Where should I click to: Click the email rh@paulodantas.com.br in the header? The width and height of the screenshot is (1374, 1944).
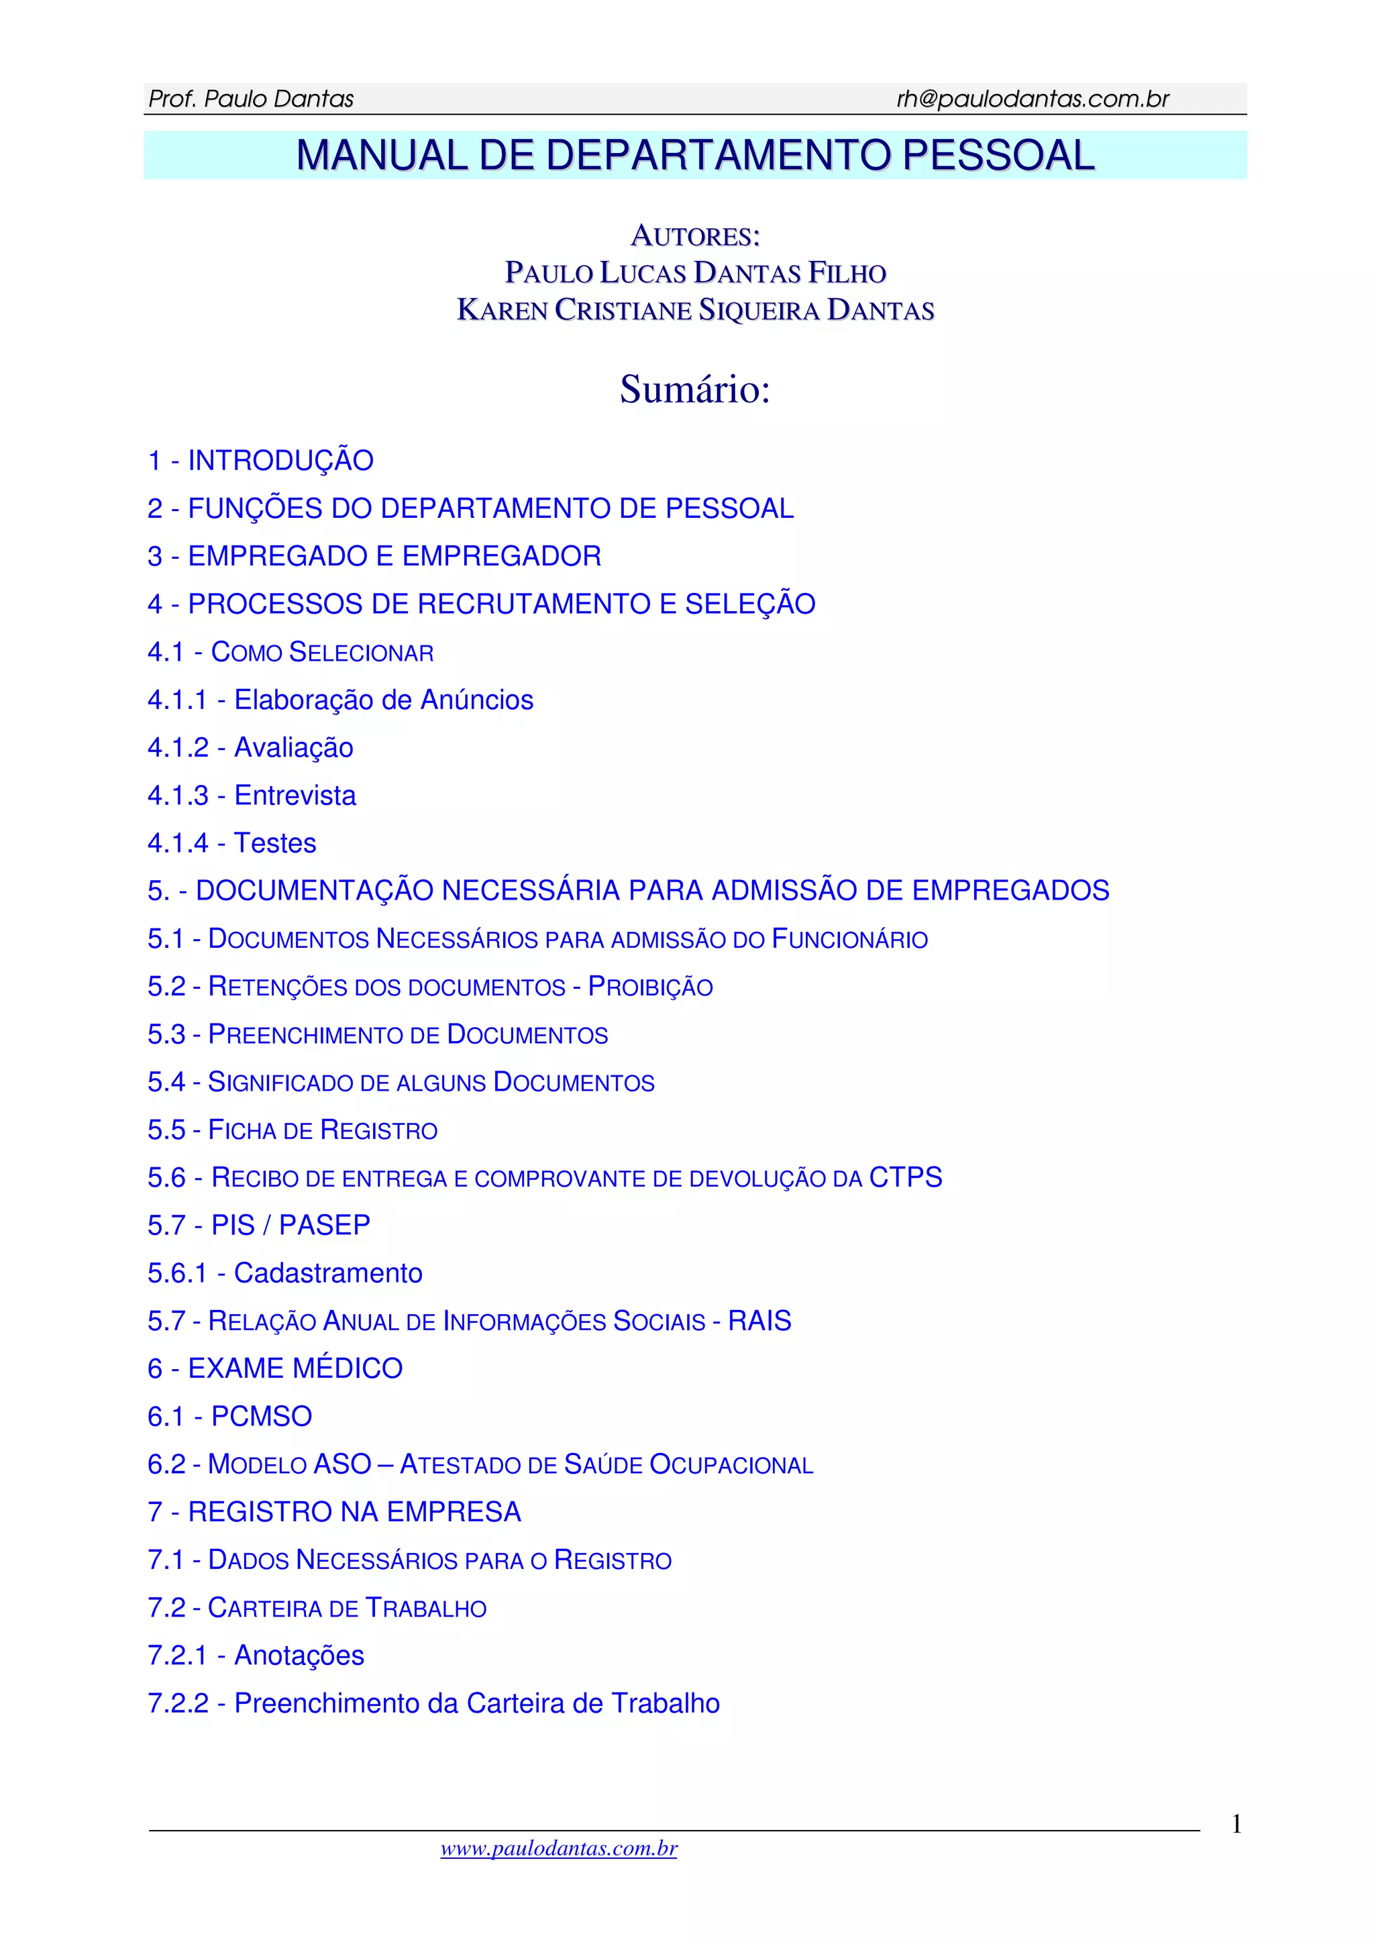click(1032, 99)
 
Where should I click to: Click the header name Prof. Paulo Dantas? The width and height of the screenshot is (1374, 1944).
click(251, 99)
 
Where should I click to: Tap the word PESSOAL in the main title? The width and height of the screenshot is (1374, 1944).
click(998, 155)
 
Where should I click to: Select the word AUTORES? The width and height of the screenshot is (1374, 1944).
click(695, 236)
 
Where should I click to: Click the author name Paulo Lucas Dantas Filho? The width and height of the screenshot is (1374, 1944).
click(695, 272)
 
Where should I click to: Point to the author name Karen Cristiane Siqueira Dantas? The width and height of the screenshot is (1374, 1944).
click(695, 310)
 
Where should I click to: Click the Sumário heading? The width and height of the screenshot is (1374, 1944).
click(695, 390)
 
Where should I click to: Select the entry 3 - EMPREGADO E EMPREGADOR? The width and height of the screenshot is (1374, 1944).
click(374, 556)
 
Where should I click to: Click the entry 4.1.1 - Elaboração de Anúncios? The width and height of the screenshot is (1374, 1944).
click(340, 700)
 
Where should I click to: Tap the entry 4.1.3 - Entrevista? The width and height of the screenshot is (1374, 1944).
click(252, 796)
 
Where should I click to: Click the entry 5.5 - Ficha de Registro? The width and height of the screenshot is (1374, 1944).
click(292, 1130)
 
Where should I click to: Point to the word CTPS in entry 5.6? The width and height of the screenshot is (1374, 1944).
click(905, 1178)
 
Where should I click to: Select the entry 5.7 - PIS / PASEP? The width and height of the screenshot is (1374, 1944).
click(258, 1225)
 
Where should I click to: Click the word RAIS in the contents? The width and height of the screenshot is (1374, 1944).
click(759, 1321)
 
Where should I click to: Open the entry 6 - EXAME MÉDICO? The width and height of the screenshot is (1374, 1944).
click(274, 1368)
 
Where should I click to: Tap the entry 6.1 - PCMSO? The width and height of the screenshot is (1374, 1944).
click(229, 1417)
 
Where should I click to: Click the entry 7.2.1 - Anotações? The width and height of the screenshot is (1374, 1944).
click(256, 1656)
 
